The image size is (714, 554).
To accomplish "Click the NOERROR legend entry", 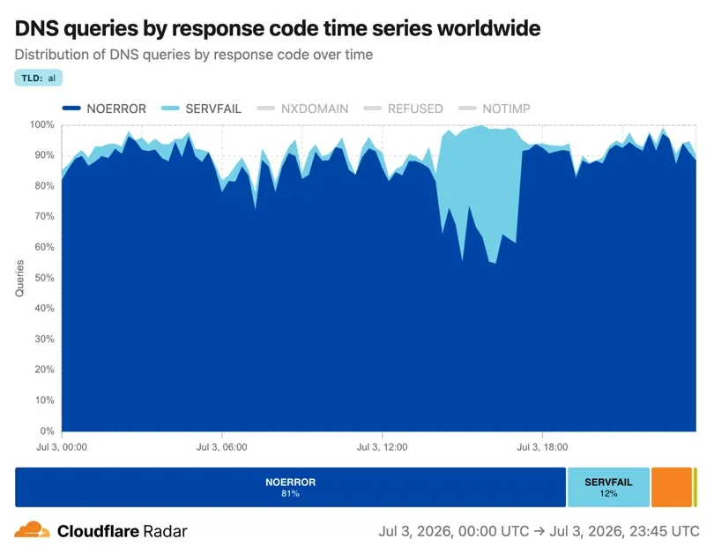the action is coord(104,109).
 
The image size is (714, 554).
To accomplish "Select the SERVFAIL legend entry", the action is coord(201,109).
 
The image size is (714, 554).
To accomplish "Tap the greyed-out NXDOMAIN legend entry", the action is coord(302,109).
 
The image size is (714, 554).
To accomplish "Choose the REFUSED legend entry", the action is coord(403,109).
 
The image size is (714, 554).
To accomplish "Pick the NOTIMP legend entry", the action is coord(494,109).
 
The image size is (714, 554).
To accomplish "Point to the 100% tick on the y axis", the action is coord(42,124).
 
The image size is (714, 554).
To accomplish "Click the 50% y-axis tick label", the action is coord(44,278).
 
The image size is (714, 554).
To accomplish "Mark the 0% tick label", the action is coord(47,430).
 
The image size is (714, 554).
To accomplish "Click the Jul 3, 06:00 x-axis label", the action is coord(222,447).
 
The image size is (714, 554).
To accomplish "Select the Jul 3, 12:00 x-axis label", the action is coord(382,447).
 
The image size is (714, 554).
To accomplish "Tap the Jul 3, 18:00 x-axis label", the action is coord(542,447).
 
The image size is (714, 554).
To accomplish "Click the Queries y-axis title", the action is coord(19,279).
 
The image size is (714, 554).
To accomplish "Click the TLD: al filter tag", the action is coord(38,78).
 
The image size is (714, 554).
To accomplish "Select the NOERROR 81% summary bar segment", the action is coord(290,487).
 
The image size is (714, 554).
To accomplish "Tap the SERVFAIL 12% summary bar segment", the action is coord(608,487).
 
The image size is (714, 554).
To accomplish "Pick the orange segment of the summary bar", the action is coord(672,487).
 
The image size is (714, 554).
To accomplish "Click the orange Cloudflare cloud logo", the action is coord(32,530).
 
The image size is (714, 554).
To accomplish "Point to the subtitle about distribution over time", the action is coord(194,55).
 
